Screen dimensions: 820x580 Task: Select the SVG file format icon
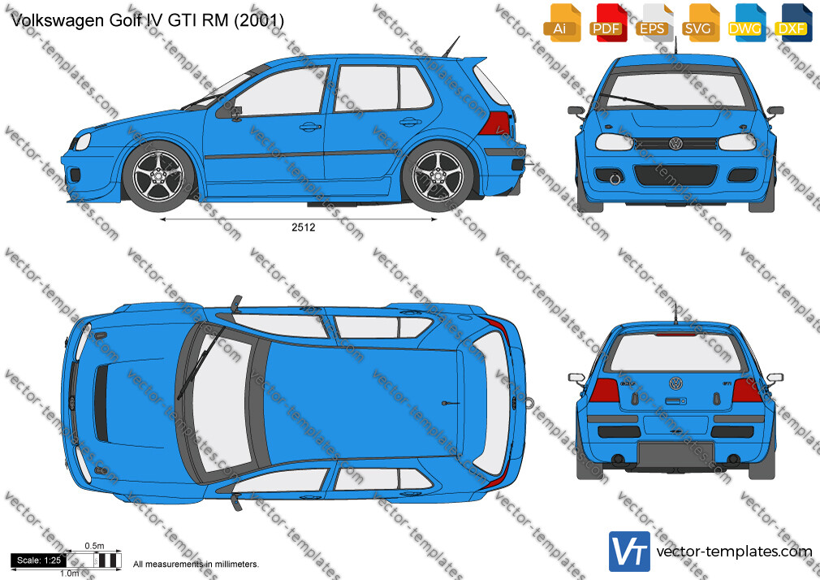(702, 23)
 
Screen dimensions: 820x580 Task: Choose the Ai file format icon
(562, 23)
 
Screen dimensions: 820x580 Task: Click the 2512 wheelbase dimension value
(304, 227)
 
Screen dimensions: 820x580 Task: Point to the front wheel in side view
(158, 176)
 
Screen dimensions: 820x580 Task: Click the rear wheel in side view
(438, 176)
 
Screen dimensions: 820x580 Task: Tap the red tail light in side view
(495, 123)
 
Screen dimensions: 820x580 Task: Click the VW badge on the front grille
(675, 144)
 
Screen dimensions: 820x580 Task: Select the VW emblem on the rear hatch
(675, 383)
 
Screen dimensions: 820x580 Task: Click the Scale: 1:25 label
(39, 561)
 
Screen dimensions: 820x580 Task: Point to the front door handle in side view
(310, 127)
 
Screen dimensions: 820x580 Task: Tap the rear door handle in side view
(411, 123)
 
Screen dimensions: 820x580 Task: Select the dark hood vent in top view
(101, 402)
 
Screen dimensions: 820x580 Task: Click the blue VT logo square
(629, 552)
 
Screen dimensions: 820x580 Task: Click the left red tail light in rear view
(605, 390)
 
